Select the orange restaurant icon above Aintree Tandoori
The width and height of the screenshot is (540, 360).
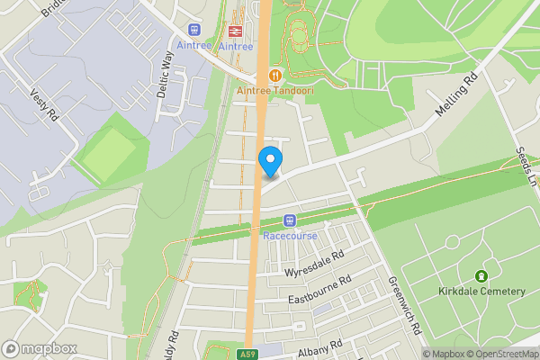click(x=274, y=75)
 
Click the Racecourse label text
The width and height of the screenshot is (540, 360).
click(x=289, y=236)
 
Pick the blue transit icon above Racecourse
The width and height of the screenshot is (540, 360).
click(x=290, y=220)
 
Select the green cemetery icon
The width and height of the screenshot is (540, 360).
click(x=482, y=275)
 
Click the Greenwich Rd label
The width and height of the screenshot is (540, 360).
click(x=406, y=306)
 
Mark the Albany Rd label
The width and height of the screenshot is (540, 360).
click(x=321, y=346)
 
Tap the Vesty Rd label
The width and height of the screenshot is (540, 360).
click(x=43, y=106)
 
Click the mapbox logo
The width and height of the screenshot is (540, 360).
click(x=38, y=348)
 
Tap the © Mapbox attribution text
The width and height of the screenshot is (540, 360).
click(x=445, y=354)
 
